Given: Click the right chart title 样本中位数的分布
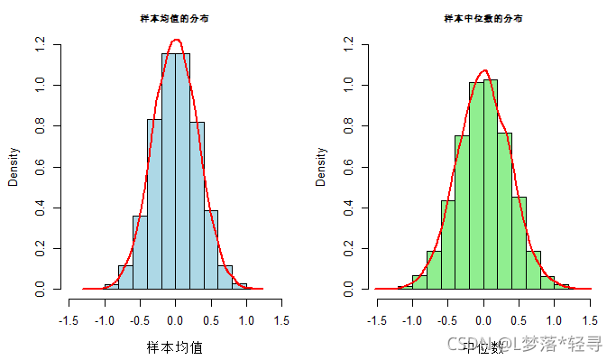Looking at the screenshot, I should coord(483,18).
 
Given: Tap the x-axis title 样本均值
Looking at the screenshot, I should coord(175,346).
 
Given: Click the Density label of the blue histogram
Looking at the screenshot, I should coord(14,167).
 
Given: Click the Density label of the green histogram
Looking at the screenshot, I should coord(322,167).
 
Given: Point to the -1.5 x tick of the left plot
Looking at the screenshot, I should coord(69,319).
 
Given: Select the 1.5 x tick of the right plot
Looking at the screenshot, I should coord(591,319).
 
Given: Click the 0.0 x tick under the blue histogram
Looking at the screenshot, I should coord(175,319).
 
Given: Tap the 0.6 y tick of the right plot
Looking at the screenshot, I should coord(349,167).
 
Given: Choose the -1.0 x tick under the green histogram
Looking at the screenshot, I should coord(412,319).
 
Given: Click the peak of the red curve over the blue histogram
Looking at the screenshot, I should coord(176,40).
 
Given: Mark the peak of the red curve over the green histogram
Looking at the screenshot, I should coord(484,70).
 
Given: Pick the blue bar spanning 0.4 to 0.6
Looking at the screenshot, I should coord(211,250).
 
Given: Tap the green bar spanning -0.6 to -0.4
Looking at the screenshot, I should coord(448,245).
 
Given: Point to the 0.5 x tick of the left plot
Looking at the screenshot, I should coord(211,319).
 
